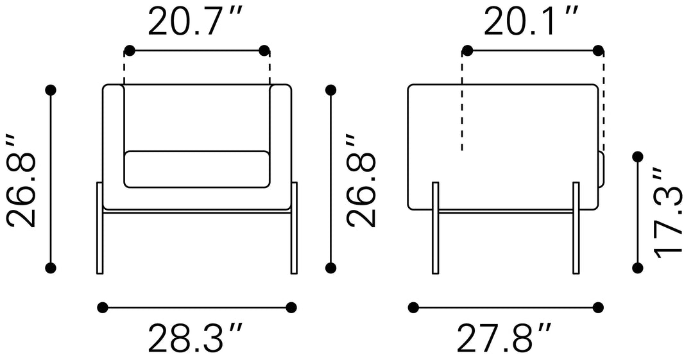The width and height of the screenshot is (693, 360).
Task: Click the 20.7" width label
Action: [x=195, y=22]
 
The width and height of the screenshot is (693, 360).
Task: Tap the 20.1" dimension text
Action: [x=531, y=22]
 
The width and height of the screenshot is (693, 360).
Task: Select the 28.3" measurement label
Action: [x=195, y=339]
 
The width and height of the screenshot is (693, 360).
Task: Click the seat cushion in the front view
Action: [x=197, y=169]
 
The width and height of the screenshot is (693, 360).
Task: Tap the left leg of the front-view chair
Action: [x=100, y=228]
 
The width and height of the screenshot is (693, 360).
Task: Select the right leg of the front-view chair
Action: [x=294, y=228]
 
